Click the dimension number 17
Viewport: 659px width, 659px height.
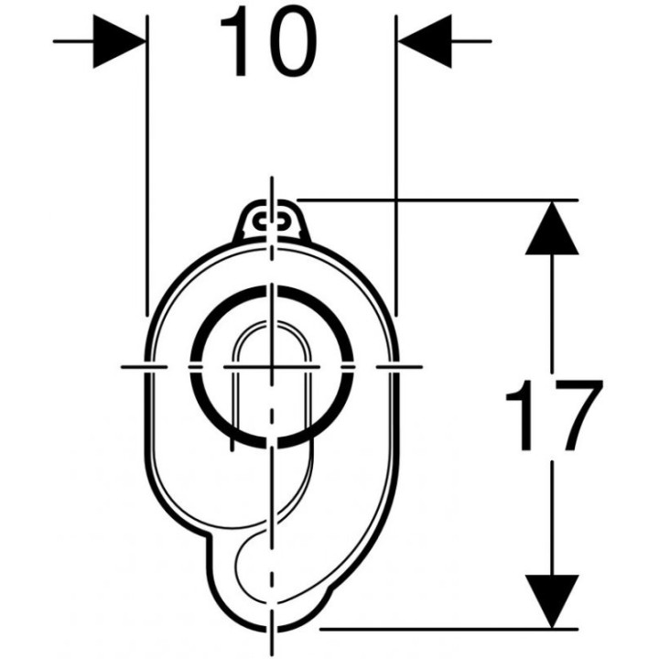554,415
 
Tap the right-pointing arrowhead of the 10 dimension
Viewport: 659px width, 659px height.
119,41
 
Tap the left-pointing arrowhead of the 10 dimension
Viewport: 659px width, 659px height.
425,41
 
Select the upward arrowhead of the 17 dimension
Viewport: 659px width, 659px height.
552,227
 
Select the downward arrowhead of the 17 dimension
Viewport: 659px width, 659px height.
552,601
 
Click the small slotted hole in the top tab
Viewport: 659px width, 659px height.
272,220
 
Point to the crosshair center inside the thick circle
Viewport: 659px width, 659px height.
272,367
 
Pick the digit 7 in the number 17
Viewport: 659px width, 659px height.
578,415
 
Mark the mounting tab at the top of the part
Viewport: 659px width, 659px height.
272,221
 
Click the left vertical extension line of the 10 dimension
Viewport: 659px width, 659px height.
146,165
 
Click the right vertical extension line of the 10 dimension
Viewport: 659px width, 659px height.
396,165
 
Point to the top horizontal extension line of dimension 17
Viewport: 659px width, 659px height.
438,200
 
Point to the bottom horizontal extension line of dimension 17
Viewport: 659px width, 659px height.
449,629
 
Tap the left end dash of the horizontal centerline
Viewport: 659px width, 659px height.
144,367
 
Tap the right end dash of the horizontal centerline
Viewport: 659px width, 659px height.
399,367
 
